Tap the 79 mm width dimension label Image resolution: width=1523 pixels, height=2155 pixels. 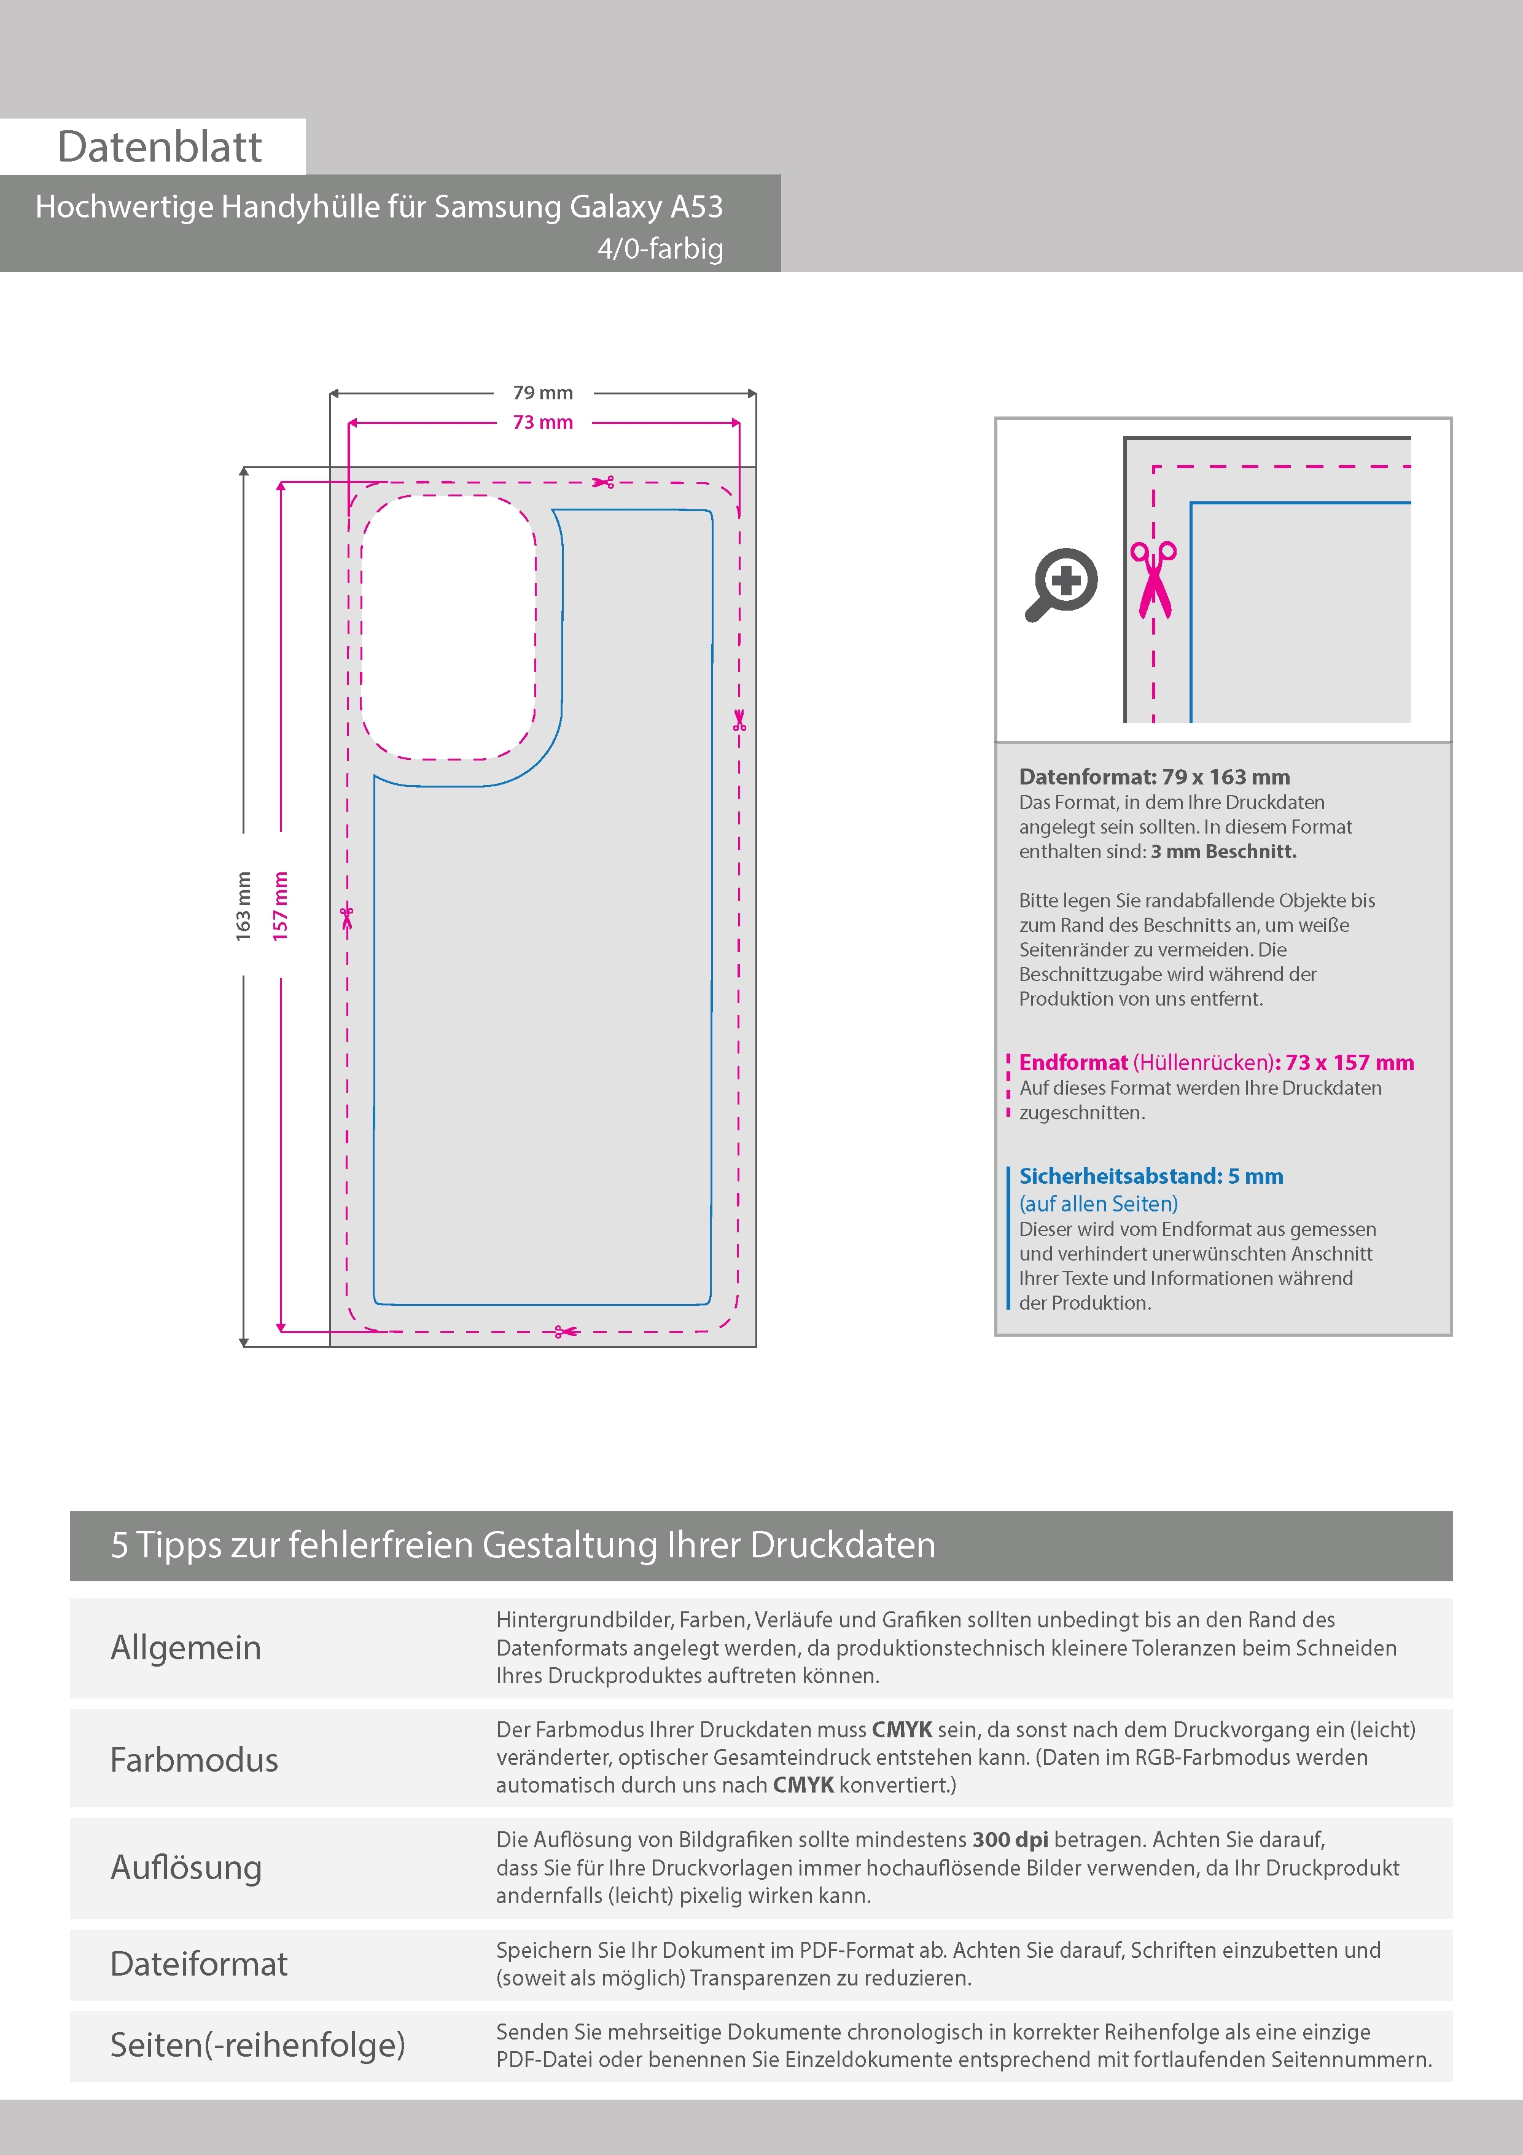coord(542,393)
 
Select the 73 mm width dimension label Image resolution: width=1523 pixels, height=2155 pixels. coord(542,423)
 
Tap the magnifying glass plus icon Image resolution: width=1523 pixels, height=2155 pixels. coord(1061,584)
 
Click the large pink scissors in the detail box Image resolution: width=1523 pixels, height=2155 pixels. coord(1153,580)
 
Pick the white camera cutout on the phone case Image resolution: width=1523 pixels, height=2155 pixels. coord(448,627)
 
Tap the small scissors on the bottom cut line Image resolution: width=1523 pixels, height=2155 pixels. coord(566,1331)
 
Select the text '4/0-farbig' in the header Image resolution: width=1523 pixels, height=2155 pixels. coord(661,249)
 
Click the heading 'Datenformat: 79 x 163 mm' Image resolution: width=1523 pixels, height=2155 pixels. coord(1154,777)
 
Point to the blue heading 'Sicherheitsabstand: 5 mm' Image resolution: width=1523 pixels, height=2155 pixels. coord(1151,1176)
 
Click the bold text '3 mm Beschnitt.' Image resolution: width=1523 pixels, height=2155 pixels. coord(1224,851)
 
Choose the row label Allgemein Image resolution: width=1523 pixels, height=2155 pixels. coord(186,1647)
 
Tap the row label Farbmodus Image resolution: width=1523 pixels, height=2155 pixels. coord(194,1759)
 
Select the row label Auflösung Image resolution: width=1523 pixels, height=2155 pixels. coord(186,1868)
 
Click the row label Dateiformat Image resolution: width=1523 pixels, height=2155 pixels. coord(199,1963)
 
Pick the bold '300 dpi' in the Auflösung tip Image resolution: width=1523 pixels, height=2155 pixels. coord(1011,1840)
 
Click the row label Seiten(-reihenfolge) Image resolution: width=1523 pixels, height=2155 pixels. coord(258,2044)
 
